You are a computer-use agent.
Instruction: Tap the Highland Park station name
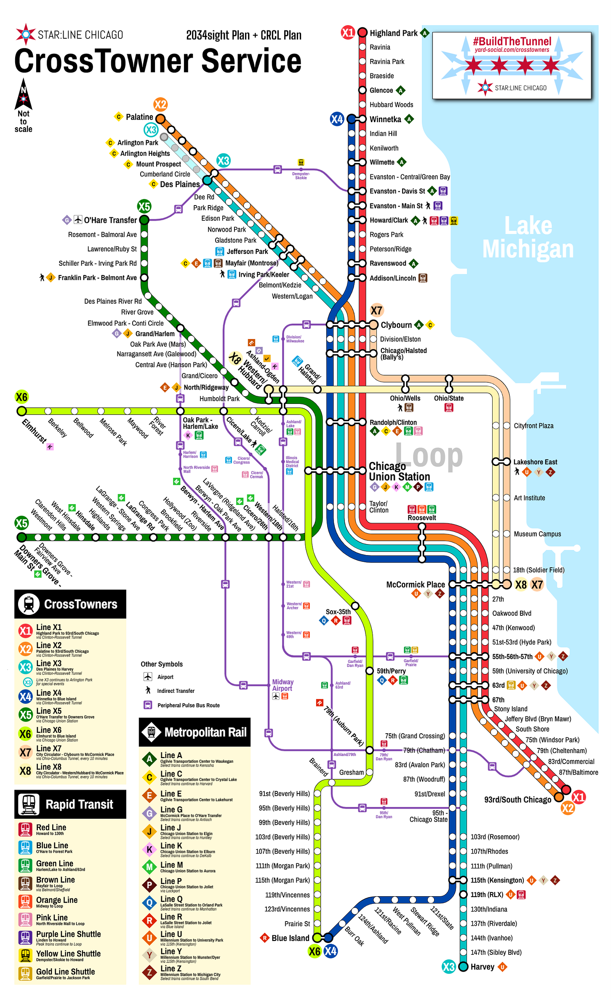click(x=393, y=33)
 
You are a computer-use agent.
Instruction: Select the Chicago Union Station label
click(x=399, y=471)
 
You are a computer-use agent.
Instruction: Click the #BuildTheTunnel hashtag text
click(x=512, y=41)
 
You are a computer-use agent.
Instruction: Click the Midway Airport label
click(x=283, y=685)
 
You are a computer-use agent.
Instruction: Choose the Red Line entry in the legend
click(x=51, y=828)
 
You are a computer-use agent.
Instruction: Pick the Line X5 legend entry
click(x=49, y=711)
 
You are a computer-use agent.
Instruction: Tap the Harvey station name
click(x=482, y=967)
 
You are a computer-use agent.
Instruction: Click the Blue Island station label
click(x=290, y=938)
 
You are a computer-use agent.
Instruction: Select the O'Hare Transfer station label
click(x=110, y=220)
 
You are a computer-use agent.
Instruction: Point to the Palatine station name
click(x=139, y=117)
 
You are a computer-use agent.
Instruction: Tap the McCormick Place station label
click(x=415, y=585)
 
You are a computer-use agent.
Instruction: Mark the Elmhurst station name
click(x=35, y=430)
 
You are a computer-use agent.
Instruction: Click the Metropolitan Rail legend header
click(x=205, y=732)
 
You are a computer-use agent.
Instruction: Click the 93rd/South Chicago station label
click(x=517, y=799)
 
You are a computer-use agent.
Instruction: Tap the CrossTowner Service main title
click(x=158, y=61)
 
